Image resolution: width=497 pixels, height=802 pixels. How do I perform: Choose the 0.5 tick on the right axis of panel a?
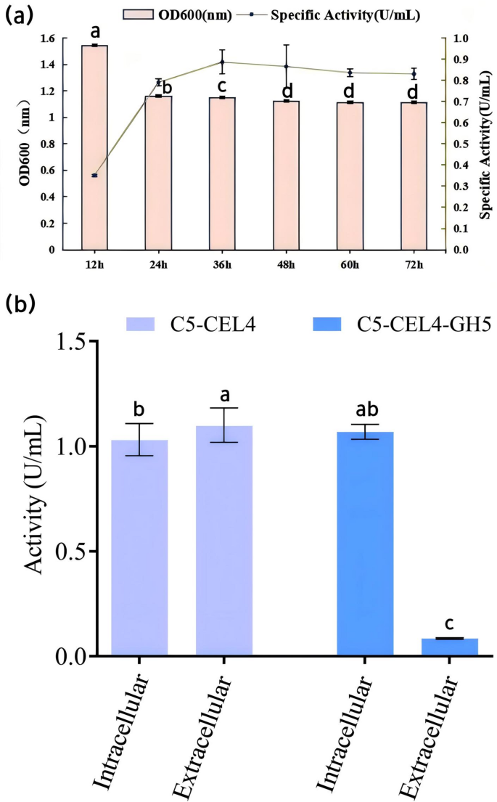[x=459, y=144]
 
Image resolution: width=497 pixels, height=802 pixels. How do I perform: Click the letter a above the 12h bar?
[x=94, y=32]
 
